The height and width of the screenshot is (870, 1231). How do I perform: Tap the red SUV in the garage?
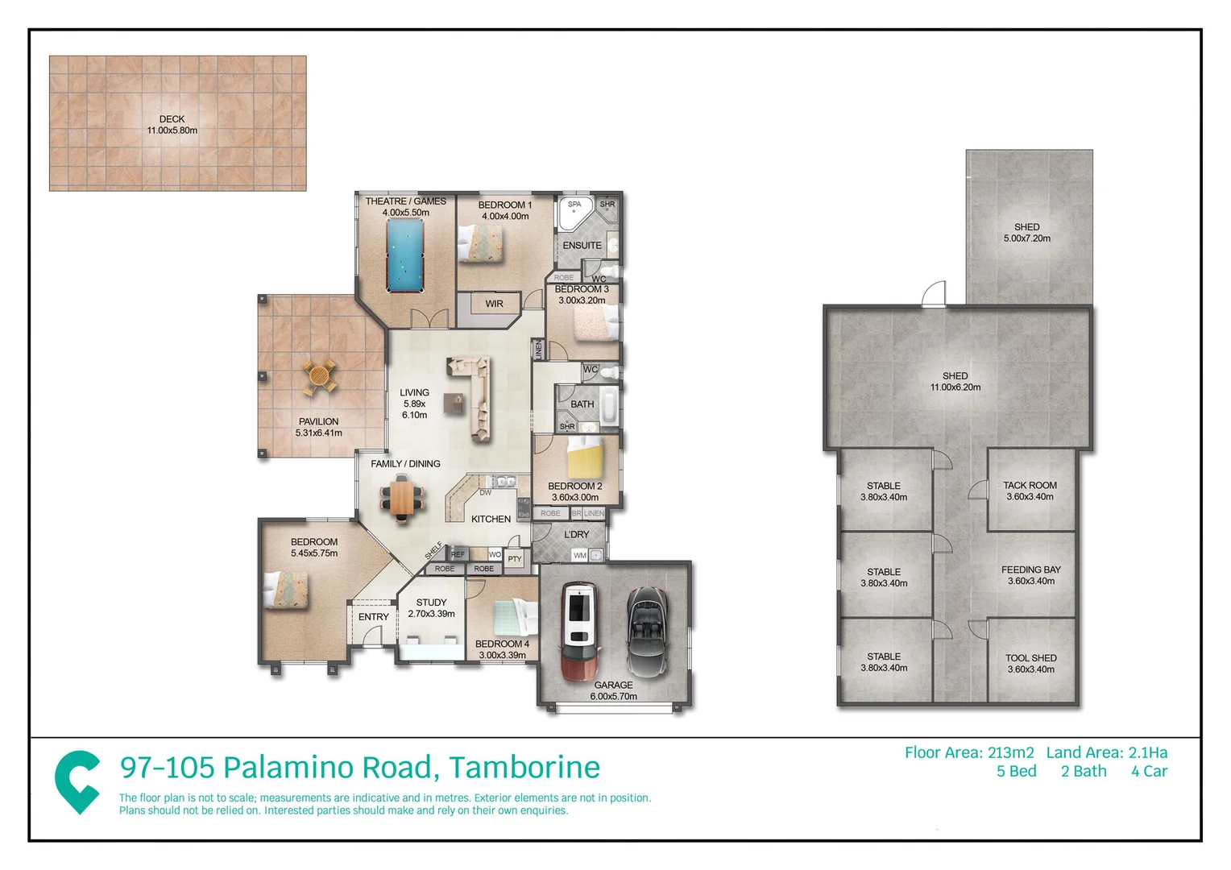579,630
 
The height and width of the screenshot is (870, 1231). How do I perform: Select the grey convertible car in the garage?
648,631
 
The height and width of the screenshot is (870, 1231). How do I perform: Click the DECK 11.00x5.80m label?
172,125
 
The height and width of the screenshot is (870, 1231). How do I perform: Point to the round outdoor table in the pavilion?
319,376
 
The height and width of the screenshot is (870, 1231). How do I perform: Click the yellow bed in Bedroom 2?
584,458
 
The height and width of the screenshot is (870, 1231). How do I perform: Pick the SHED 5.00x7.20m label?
1026,233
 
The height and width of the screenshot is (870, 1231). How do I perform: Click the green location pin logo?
77,781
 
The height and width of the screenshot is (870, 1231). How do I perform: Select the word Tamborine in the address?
524,768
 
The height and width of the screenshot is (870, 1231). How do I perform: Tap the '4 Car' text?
1148,772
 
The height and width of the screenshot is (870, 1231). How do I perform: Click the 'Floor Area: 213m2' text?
968,752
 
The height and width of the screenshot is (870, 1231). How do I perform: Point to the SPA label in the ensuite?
574,205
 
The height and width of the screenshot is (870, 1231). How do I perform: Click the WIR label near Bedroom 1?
494,304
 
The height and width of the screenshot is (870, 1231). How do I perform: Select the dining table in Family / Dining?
400,498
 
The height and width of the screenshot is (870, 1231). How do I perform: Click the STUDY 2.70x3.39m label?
431,608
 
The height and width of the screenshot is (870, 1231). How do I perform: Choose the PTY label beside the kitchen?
515,558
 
